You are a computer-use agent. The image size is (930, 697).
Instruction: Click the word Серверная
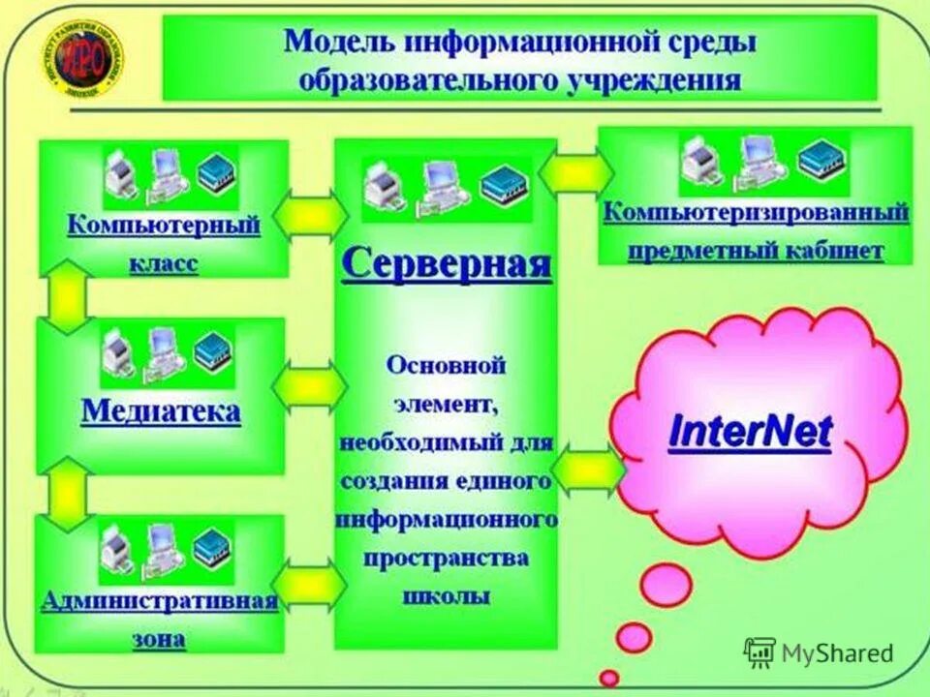(x=446, y=263)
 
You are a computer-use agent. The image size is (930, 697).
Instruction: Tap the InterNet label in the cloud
(x=750, y=432)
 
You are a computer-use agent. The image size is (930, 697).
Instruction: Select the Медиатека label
(x=161, y=412)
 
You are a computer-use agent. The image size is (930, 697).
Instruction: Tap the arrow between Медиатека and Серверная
(x=309, y=386)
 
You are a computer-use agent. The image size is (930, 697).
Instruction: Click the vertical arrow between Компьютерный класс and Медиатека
(x=66, y=296)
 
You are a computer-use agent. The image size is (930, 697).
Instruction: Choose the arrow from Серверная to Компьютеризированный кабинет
(x=576, y=172)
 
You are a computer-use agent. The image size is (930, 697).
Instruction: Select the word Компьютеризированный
(x=756, y=212)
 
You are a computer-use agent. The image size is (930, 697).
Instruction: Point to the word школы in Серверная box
(x=446, y=595)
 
